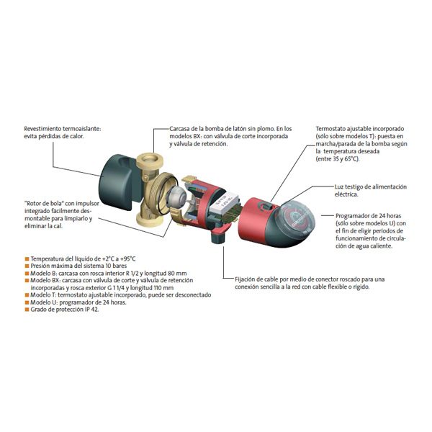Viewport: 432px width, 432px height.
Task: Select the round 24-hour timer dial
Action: coord(296,220)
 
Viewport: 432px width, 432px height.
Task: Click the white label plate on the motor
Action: coord(224,203)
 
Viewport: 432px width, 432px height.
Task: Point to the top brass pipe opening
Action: coord(150,161)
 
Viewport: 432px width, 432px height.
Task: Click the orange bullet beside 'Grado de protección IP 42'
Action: coord(27,310)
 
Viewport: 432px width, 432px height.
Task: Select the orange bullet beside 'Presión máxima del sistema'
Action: coord(27,266)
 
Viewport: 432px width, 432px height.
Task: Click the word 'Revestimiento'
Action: coord(42,129)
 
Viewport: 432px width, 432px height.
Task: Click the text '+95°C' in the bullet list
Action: coord(128,259)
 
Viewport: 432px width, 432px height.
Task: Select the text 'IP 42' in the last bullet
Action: coord(91,310)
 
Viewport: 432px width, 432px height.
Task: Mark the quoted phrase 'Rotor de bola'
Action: coord(44,204)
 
